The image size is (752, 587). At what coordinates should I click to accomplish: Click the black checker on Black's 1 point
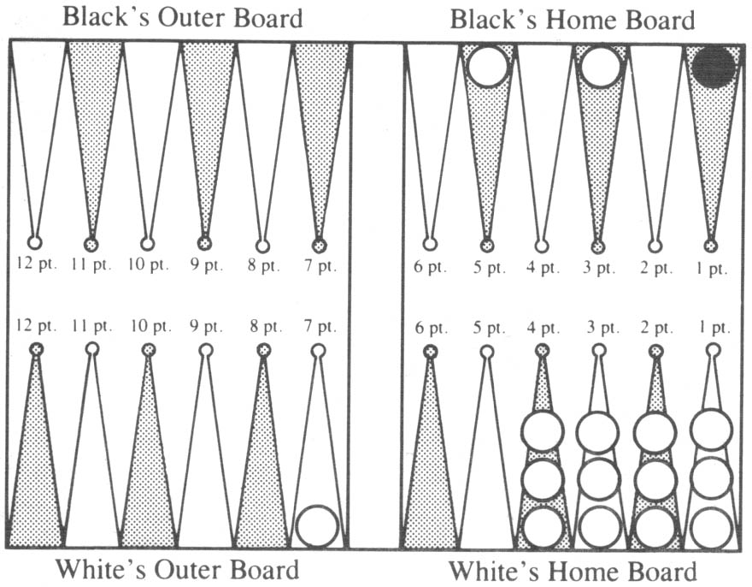(714, 68)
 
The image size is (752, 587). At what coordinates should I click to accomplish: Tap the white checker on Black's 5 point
(487, 66)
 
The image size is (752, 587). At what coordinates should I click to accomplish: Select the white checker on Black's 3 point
(601, 66)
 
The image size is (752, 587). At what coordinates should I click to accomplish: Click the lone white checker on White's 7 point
(317, 526)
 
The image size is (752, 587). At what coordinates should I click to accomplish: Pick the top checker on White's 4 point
(543, 431)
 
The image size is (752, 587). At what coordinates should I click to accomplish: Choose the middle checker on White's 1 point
(712, 478)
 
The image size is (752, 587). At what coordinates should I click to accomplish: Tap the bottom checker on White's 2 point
(655, 527)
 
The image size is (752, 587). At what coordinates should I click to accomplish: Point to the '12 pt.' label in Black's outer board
(37, 264)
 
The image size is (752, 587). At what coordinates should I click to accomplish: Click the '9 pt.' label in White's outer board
(206, 327)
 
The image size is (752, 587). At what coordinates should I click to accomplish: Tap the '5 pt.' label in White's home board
(489, 328)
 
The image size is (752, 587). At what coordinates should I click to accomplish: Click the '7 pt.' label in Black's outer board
(320, 264)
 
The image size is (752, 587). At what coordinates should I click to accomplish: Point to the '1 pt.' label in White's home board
(714, 328)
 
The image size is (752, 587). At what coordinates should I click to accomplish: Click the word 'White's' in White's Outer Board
(101, 569)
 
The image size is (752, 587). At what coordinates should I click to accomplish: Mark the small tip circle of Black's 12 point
(34, 242)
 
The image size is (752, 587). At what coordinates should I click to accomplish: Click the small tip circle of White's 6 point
(431, 352)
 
